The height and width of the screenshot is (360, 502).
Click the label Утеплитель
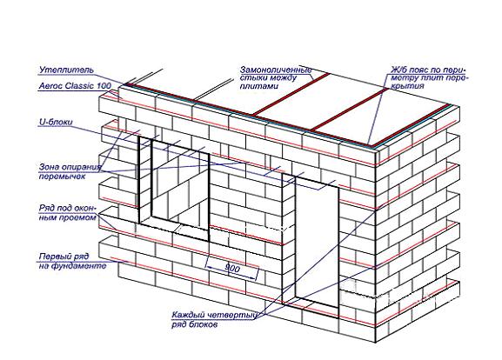(x=66, y=70)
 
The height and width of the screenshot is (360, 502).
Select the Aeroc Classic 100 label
(x=75, y=86)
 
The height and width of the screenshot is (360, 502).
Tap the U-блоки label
(x=56, y=122)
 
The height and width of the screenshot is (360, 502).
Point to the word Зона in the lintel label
(x=50, y=167)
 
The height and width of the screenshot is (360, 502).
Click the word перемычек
(x=62, y=177)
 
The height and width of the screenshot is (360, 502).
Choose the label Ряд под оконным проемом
(x=68, y=213)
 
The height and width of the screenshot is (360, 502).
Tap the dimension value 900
(x=231, y=268)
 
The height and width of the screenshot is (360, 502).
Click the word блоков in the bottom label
(x=202, y=324)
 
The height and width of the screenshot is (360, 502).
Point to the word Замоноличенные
(x=276, y=70)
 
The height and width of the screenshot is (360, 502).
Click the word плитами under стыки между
(x=258, y=86)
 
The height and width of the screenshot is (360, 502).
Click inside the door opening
(x=317, y=240)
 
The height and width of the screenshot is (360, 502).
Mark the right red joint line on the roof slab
(x=350, y=109)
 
